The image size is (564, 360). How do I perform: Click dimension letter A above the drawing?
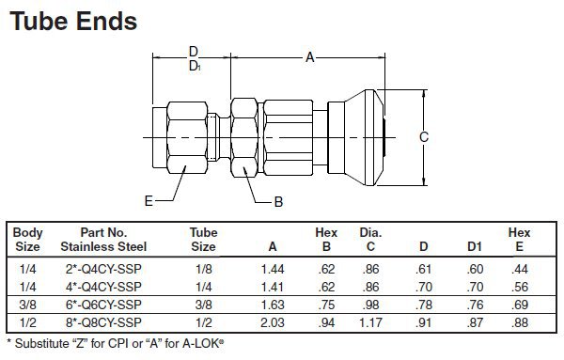pos(309,58)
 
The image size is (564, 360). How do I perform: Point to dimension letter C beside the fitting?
pos(424,137)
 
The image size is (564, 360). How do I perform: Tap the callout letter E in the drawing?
pos(149,200)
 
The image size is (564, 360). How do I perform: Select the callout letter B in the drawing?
pos(278,201)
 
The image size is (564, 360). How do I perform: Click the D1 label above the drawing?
pos(194,66)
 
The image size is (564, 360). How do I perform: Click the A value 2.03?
pos(272,322)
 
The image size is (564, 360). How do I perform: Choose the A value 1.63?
pos(272,305)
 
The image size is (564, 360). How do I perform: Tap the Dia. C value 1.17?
pos(372,322)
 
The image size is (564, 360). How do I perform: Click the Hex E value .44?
pos(519,269)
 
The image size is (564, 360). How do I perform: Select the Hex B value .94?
pos(325,322)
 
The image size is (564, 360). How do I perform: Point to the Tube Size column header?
pos(204,240)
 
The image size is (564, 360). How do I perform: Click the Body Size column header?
pos(28,240)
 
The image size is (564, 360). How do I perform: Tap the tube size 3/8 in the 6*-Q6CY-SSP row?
pos(204,305)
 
